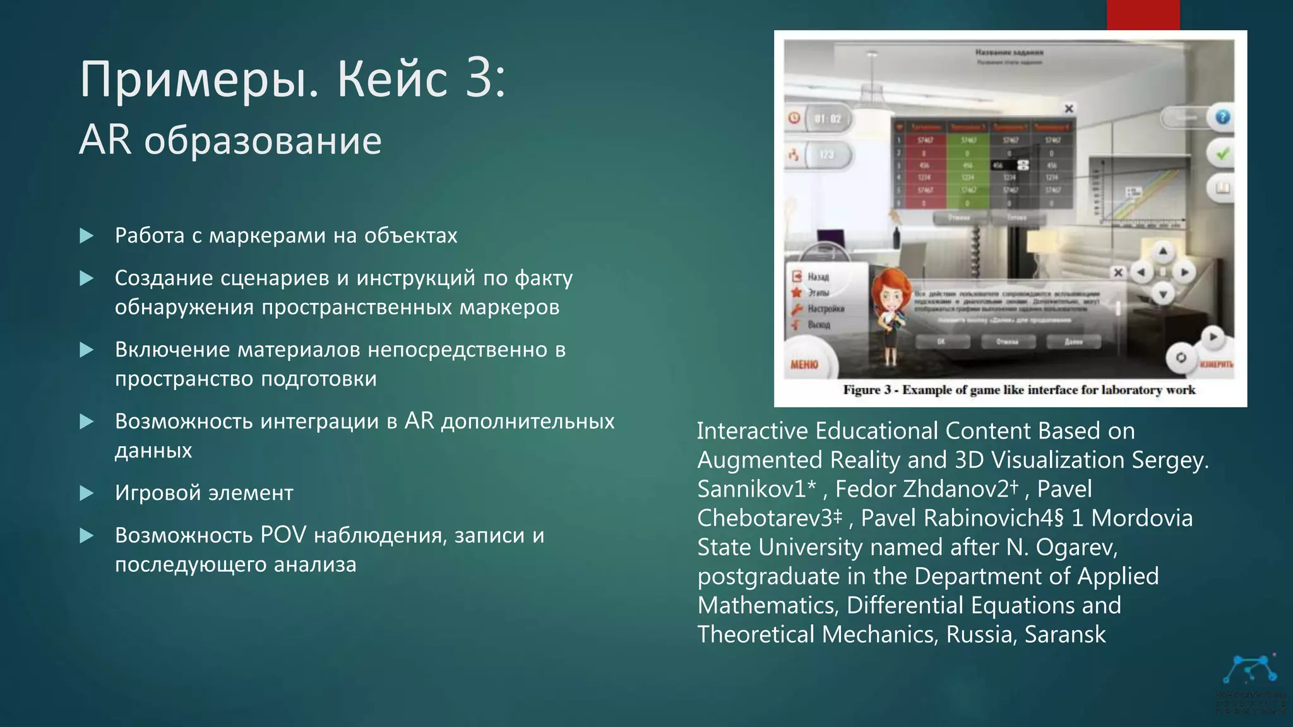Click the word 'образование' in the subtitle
coord(263,140)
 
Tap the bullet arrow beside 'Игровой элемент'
coord(86,493)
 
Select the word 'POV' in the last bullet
coord(283,535)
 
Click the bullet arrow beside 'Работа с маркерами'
coord(86,236)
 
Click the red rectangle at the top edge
coord(1143,15)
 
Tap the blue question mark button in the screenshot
coord(1222,117)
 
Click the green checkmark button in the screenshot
coord(1222,153)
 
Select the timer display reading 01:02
coord(827,119)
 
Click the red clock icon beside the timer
coord(794,118)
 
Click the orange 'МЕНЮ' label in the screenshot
coord(804,364)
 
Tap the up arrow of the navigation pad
coord(1163,252)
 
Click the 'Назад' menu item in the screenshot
coord(818,277)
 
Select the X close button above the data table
coord(1069,109)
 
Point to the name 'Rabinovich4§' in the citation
coord(994,518)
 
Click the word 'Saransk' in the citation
coord(1065,634)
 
